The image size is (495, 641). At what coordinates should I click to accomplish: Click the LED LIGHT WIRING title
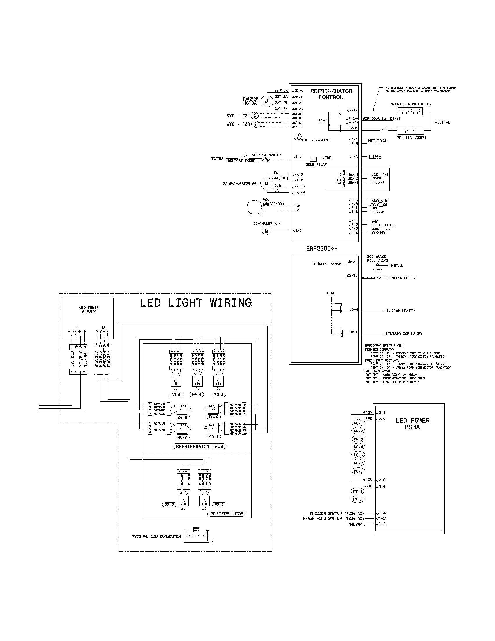point(196,303)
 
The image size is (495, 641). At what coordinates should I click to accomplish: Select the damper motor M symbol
point(266,101)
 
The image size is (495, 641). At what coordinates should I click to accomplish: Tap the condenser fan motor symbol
point(266,231)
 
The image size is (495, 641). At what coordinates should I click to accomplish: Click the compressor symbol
point(253,207)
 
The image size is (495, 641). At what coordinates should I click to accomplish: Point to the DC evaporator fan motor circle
point(266,184)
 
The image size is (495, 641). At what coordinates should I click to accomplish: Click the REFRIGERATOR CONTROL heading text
point(331,94)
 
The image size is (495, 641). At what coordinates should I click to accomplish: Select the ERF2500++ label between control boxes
point(322,249)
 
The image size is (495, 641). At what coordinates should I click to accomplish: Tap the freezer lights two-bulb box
point(410,130)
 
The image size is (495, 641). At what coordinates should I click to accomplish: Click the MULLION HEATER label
point(400,311)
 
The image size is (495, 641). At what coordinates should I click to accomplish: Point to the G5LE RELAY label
point(316,164)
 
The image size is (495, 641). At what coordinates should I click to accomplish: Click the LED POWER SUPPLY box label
point(89,310)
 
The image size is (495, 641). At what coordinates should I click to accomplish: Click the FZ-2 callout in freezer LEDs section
point(169,505)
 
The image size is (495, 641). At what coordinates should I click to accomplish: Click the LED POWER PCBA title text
point(412,424)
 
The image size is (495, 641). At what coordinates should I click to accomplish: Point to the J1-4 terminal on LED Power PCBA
point(381,513)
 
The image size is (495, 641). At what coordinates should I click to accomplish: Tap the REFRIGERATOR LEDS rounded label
point(199,446)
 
